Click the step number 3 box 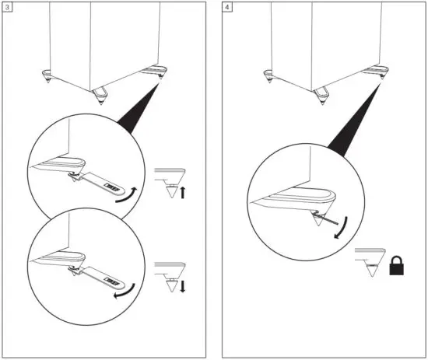coord(8,7)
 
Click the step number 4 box coord(226,7)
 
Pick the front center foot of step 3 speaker coord(99,96)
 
